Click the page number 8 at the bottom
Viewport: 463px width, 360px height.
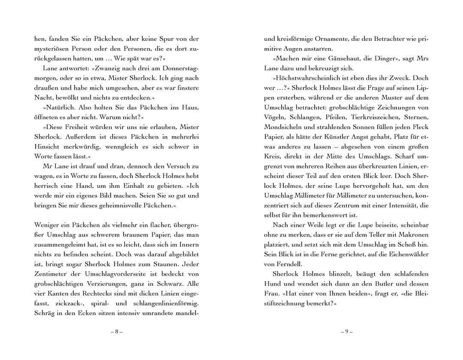point(116,332)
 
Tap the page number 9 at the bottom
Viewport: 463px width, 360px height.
point(346,332)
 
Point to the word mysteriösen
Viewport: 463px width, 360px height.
point(54,48)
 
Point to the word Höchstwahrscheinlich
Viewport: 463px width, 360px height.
point(306,78)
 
